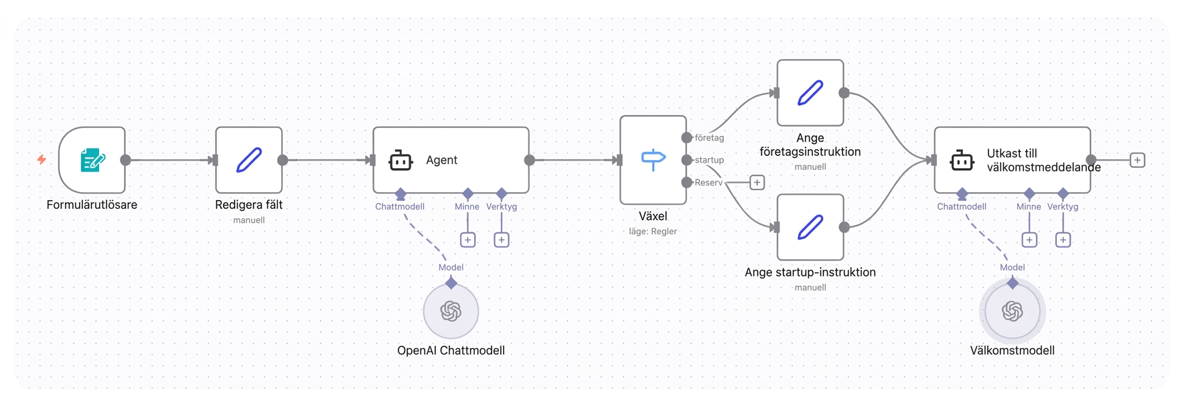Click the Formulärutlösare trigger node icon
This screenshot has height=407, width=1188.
(92, 160)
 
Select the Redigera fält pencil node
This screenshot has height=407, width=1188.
(249, 160)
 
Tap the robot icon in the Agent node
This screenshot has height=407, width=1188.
(400, 161)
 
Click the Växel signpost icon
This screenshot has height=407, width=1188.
(653, 160)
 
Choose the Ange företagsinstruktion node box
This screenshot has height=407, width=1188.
(810, 93)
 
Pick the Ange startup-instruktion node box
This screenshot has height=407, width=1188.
(810, 227)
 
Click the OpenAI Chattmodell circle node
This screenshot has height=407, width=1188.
(451, 311)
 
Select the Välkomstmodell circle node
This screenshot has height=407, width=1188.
(1013, 311)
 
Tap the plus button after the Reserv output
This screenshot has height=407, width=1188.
(757, 182)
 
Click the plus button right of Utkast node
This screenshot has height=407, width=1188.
(1137, 160)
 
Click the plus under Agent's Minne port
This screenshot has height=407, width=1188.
(468, 240)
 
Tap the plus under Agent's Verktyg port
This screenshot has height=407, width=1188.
(502, 240)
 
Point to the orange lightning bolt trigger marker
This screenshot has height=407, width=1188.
(42, 159)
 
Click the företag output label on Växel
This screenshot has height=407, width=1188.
(709, 138)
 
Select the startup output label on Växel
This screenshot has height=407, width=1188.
(709, 160)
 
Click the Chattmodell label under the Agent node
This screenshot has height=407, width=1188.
(400, 206)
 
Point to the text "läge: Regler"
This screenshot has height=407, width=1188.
(653, 231)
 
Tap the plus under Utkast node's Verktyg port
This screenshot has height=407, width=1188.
(1063, 240)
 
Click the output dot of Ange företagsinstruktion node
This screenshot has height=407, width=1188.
(844, 93)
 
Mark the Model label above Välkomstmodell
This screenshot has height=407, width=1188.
(1013, 267)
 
